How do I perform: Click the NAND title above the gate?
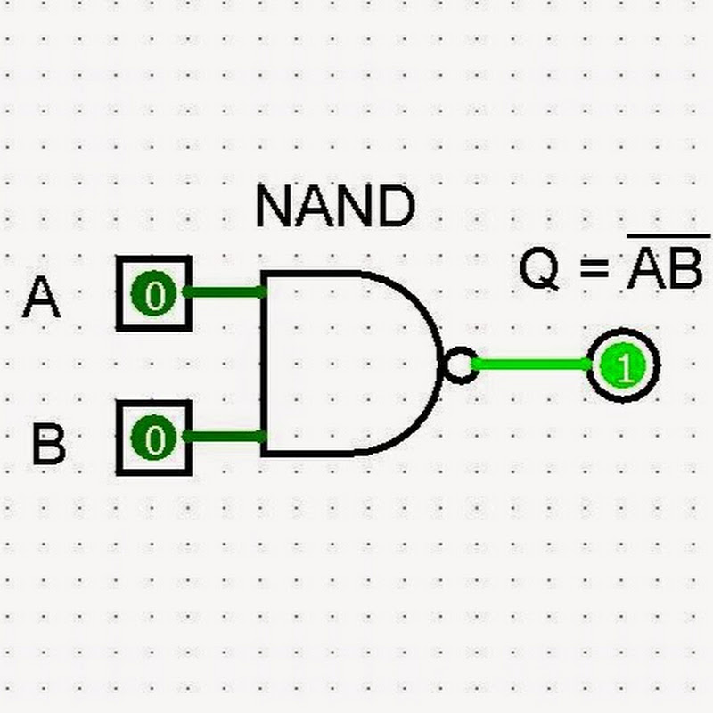point(335,207)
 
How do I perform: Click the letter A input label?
point(42,298)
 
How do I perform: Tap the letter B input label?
point(49,444)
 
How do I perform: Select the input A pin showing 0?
point(154,293)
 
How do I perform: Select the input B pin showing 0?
point(154,438)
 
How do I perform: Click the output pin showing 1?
point(623,365)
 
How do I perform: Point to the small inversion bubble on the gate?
point(459,365)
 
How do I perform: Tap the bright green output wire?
point(531,364)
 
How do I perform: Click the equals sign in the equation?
point(592,270)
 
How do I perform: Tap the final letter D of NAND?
point(397,207)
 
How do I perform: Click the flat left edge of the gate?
point(263,364)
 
